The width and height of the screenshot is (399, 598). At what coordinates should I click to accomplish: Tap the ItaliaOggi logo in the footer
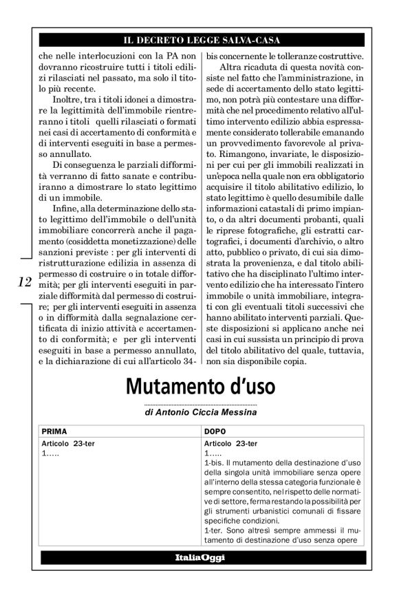(x=199, y=557)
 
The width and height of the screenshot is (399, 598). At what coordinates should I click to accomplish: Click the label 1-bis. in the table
(x=215, y=464)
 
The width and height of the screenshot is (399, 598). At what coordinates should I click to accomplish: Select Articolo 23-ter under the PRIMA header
(x=68, y=443)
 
